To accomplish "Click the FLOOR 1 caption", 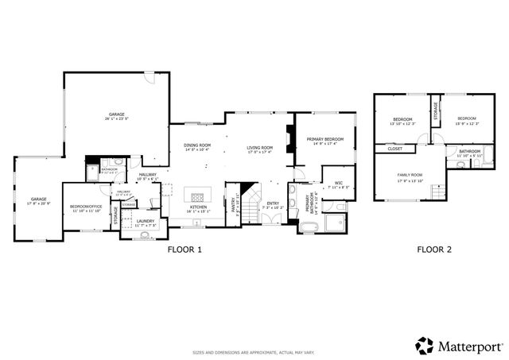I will click(x=185, y=250).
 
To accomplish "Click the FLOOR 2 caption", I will click(x=434, y=250).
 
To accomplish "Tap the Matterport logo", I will click(x=459, y=346).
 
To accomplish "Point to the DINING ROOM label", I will click(x=197, y=145).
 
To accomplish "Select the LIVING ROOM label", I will click(x=259, y=147).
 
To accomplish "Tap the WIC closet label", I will click(x=338, y=184).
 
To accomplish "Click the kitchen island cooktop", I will click(x=197, y=195).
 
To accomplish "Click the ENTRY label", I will click(x=273, y=203).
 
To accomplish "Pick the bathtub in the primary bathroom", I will click(x=308, y=229).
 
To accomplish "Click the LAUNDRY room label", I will click(x=145, y=221).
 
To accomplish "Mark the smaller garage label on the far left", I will click(x=38, y=199).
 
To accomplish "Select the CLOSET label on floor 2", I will click(x=395, y=149).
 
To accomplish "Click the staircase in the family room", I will click(x=437, y=192).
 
